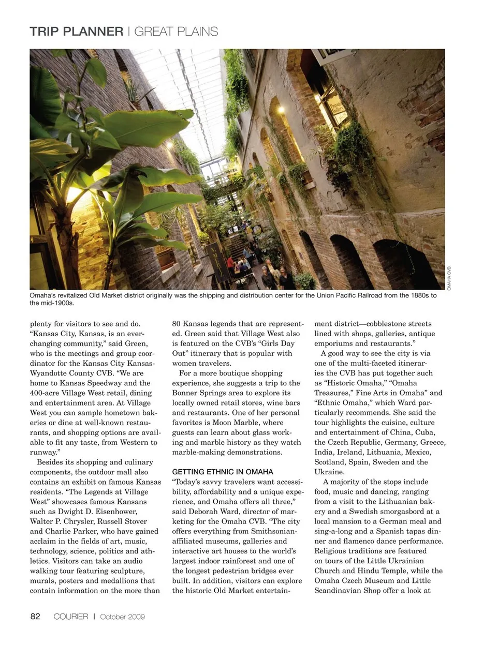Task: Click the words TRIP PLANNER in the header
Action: pos(77,32)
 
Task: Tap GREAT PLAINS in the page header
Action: pos(176,32)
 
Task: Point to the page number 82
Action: pos(35,616)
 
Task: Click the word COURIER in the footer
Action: pos(71,616)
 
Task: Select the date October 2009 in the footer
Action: pos(122,617)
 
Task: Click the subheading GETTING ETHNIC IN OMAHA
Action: pos(223,472)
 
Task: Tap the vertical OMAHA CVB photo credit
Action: pos(449,278)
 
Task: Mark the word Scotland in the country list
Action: pos(331,462)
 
